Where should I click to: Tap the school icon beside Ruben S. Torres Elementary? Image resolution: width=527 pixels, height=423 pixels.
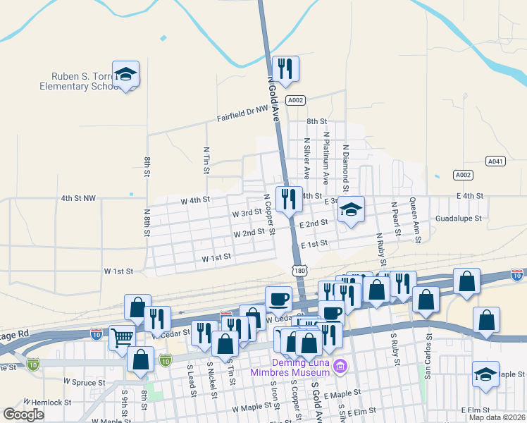tap(125, 75)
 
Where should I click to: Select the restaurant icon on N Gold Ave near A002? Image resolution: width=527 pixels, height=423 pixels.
tap(285, 69)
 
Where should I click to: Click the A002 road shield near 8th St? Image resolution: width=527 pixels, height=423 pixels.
tap(296, 100)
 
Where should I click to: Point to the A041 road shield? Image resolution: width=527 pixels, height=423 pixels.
tap(496, 161)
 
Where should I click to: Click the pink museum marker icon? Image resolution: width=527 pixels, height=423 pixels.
tap(341, 365)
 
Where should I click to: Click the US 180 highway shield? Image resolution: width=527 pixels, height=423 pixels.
tap(299, 271)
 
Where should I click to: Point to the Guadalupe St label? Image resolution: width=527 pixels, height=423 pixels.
tap(458, 219)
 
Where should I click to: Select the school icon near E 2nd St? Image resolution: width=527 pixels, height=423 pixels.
tap(351, 210)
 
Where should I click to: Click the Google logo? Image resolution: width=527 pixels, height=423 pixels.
tap(24, 415)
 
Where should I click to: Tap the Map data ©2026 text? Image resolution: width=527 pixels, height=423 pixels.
tap(496, 417)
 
